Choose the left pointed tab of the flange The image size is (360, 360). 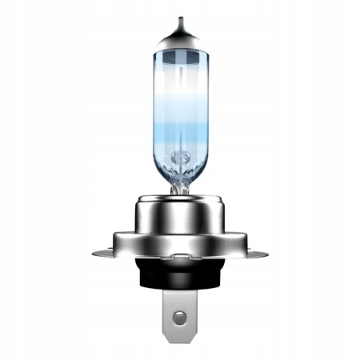click(97, 254)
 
